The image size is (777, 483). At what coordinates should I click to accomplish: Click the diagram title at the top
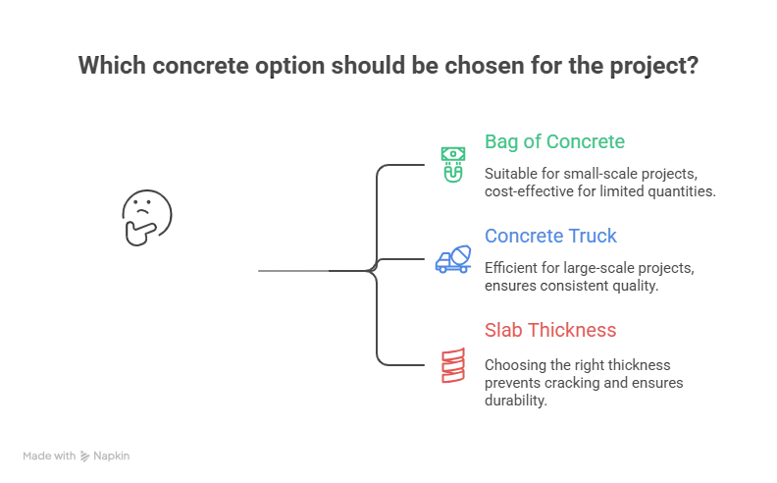[x=388, y=68]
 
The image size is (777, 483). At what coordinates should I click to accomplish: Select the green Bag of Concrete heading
[x=551, y=141]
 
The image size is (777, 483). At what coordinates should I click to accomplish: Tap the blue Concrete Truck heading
[x=549, y=236]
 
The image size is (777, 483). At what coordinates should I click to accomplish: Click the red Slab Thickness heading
[x=549, y=330]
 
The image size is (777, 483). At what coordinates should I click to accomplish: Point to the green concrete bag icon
[x=451, y=164]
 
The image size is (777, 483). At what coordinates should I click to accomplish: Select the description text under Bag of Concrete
[x=598, y=180]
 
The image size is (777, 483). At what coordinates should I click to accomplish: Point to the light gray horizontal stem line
[x=290, y=270]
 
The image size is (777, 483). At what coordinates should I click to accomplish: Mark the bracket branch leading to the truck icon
[x=402, y=261]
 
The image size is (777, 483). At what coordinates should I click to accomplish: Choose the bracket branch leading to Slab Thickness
[x=402, y=364]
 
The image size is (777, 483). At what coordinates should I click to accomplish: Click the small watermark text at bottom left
[x=78, y=456]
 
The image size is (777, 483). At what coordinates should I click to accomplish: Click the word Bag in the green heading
[x=494, y=141]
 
